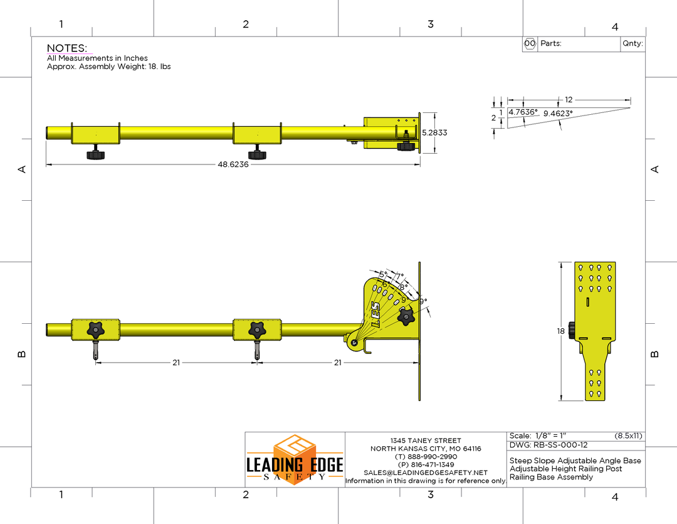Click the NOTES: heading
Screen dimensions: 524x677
pyautogui.click(x=67, y=48)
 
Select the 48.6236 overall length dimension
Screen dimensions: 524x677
pyautogui.click(x=233, y=164)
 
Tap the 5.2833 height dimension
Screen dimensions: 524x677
pyautogui.click(x=434, y=133)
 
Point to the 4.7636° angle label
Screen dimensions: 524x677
pyautogui.click(x=523, y=112)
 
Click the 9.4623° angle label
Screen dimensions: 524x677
pyautogui.click(x=557, y=114)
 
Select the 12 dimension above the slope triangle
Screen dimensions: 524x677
pyautogui.click(x=569, y=100)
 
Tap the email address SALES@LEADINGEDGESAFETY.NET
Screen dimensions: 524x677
pyautogui.click(x=426, y=473)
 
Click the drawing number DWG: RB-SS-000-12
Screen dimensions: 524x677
pyautogui.click(x=548, y=445)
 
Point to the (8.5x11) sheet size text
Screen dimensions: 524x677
pyautogui.click(x=628, y=436)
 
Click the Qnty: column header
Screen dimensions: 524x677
pyautogui.click(x=632, y=44)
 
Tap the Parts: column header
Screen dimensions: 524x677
pyautogui.click(x=550, y=44)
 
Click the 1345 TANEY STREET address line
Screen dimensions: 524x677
pyautogui.click(x=426, y=441)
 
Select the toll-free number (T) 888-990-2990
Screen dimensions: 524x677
pyautogui.click(x=426, y=457)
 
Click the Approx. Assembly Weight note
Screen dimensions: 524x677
pyautogui.click(x=109, y=67)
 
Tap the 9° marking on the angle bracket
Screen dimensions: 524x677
pyautogui.click(x=423, y=301)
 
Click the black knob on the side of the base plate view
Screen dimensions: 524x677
pyautogui.click(x=571, y=330)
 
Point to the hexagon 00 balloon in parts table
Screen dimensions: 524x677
pyautogui.click(x=530, y=44)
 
